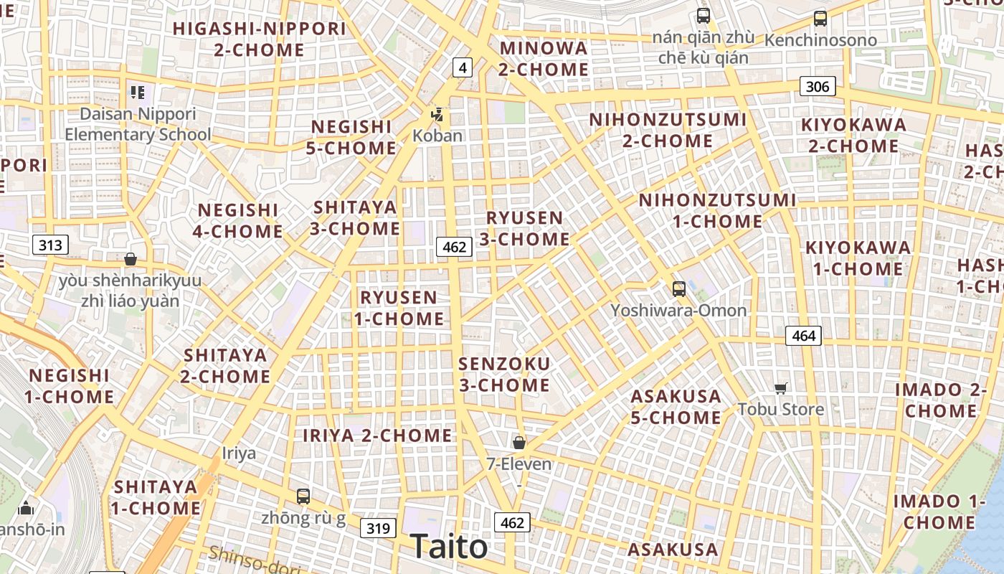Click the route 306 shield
pos(817,87)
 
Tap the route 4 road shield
pos(463,68)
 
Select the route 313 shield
pos(50,245)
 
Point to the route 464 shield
pos(803,335)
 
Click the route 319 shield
pos(377,529)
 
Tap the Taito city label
pos(449,547)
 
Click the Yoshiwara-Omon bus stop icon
pos(678,289)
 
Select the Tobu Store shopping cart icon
pos(781,388)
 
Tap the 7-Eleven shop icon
pos(519,443)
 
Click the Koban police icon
pos(437,114)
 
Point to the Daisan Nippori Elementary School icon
pos(138,92)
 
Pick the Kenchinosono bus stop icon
pos(820,19)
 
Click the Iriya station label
pos(239,453)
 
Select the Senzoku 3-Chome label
pos(504,375)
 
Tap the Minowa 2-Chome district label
pos(544,59)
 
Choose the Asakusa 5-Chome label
pos(676,407)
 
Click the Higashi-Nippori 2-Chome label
pos(259,39)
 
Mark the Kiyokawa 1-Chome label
pos(858,258)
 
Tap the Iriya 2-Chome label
pos(377,436)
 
